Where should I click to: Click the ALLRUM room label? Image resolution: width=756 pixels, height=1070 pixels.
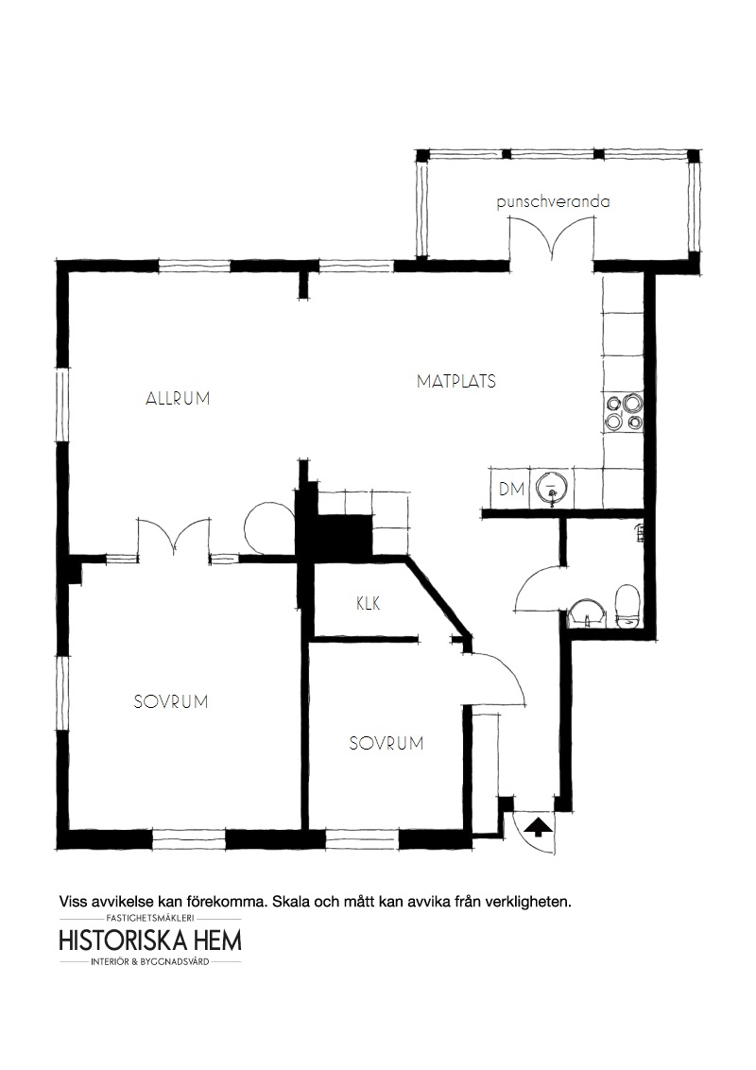(178, 399)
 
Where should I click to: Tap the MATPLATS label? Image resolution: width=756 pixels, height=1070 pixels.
(456, 381)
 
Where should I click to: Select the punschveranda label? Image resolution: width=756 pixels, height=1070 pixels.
(554, 202)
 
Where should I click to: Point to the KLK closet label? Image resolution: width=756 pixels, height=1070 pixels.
(368, 603)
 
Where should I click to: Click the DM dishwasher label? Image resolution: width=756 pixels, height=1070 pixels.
(512, 489)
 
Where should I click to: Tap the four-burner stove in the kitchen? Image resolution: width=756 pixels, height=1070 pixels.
(623, 412)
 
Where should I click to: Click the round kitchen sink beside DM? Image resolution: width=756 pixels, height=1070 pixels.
(551, 487)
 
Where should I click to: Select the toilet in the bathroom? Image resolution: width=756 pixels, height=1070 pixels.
(626, 605)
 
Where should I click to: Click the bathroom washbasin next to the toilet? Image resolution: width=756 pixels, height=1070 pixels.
(586, 613)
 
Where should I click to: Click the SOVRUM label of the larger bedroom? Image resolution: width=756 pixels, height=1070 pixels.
(171, 701)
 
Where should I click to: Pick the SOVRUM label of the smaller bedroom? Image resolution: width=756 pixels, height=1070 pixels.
(387, 743)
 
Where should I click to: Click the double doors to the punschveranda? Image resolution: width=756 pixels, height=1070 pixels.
(551, 239)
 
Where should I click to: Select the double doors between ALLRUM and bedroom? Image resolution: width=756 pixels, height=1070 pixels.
(174, 539)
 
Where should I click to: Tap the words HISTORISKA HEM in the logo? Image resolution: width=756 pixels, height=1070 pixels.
(150, 941)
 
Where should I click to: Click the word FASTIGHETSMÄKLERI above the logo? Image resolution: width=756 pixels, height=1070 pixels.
(151, 919)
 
